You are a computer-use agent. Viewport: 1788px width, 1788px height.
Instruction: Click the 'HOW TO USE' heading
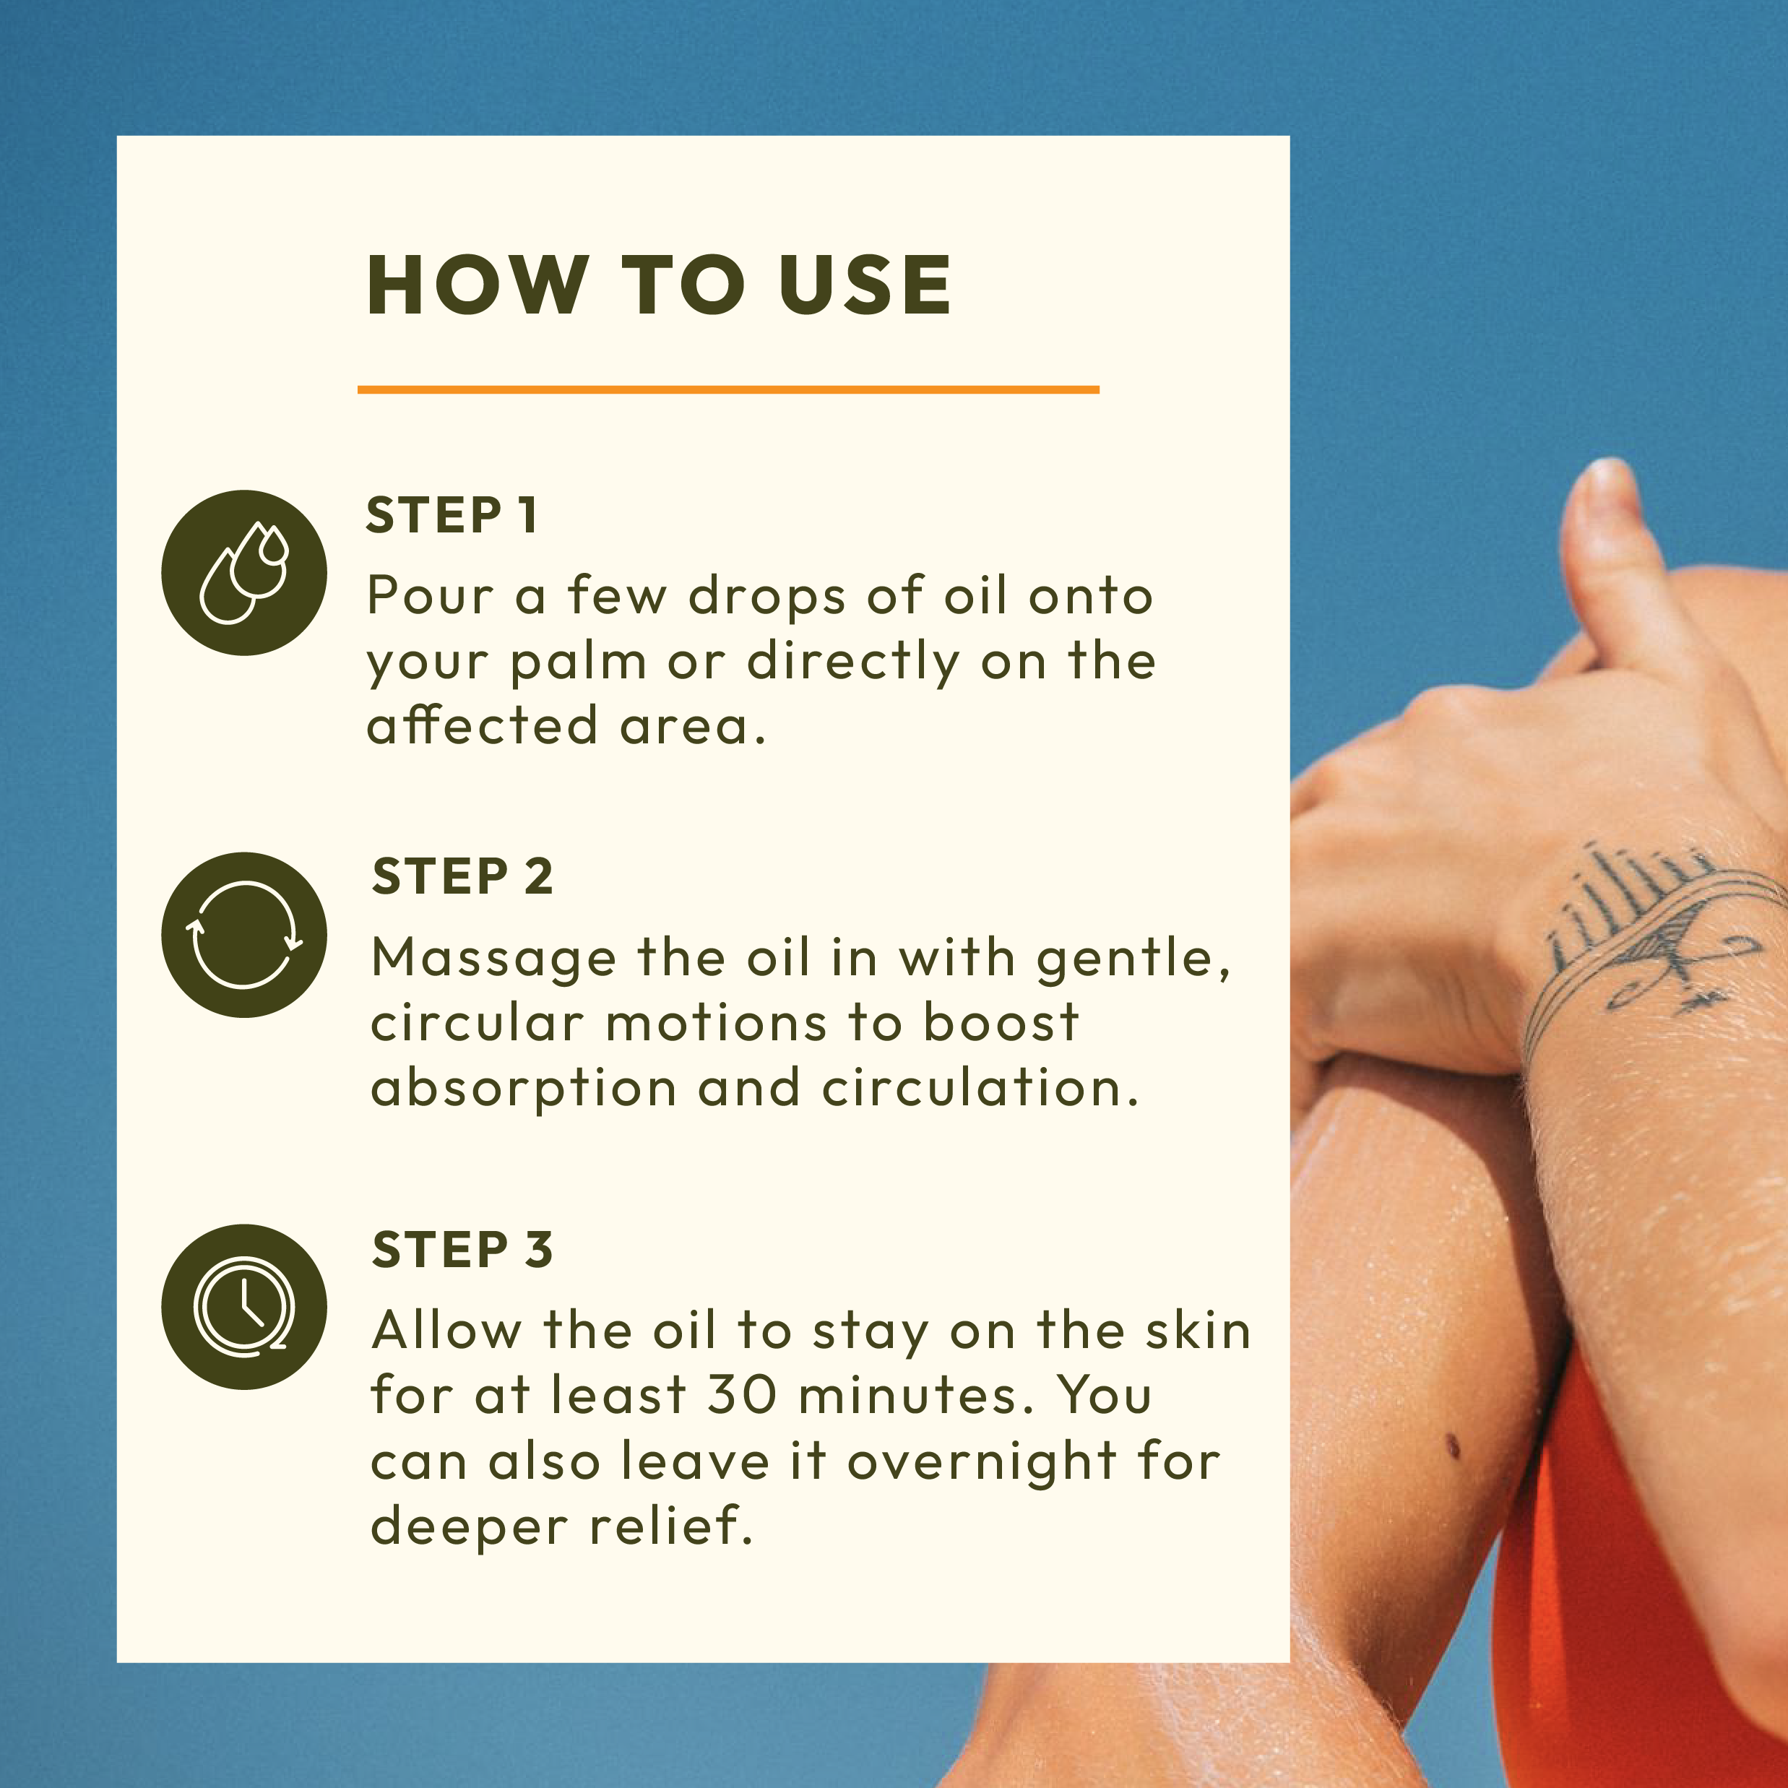pyautogui.click(x=659, y=285)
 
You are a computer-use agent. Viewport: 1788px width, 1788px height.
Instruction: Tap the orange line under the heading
pyautogui.click(x=728, y=389)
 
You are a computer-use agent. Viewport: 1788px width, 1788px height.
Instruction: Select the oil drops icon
pyautogui.click(x=244, y=573)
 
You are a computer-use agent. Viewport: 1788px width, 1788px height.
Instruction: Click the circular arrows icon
pyautogui.click(x=244, y=935)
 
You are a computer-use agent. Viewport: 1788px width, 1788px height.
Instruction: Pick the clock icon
pyautogui.click(x=244, y=1307)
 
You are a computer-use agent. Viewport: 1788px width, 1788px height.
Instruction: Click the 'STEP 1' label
pyautogui.click(x=452, y=516)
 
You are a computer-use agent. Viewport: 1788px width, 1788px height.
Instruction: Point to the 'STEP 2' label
pyautogui.click(x=462, y=876)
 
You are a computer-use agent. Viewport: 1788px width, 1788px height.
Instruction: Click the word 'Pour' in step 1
pyautogui.click(x=431, y=595)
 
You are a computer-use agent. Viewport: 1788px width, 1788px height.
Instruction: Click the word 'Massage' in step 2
pyautogui.click(x=493, y=959)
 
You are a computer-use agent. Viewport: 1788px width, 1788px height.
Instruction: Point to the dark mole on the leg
pyautogui.click(x=1453, y=1445)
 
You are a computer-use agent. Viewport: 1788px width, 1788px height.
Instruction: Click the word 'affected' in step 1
pyautogui.click(x=482, y=725)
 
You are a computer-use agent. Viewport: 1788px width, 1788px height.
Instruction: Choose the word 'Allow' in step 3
pyautogui.click(x=447, y=1331)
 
